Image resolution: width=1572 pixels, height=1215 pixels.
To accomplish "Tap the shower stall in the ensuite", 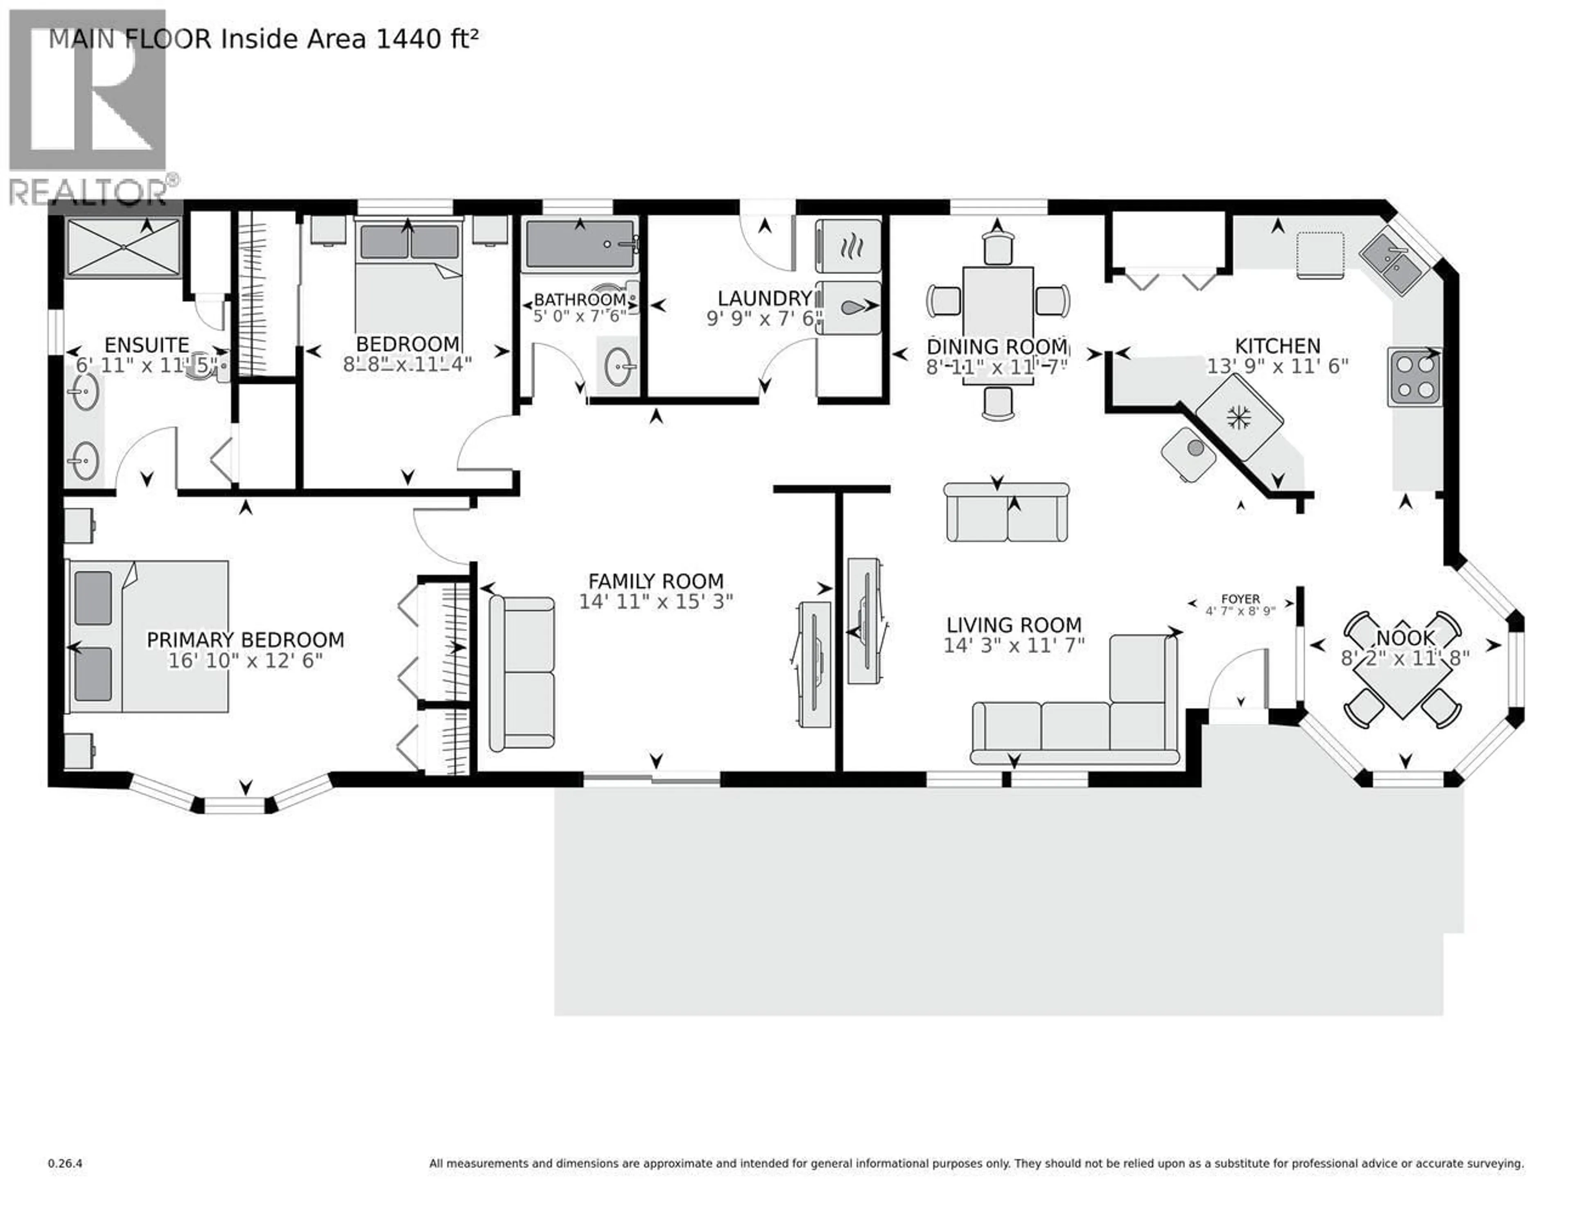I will click(123, 248).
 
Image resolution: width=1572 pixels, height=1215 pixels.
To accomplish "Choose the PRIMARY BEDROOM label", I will click(246, 639).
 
